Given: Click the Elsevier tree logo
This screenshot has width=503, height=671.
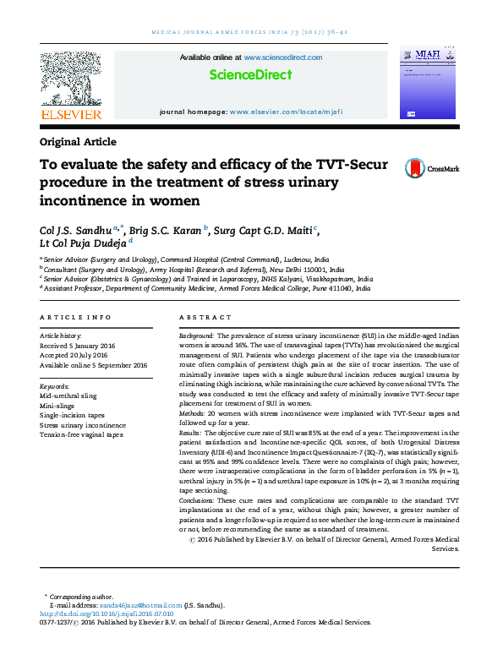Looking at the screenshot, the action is coord(70,79).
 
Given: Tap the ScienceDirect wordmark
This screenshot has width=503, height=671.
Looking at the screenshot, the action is coord(251,75).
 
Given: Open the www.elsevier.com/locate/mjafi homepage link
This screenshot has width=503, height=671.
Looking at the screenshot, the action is coord(286,112).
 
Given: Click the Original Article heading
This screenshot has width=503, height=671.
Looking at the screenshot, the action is coord(78,142).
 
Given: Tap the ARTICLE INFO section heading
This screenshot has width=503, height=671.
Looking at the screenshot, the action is coord(75,317).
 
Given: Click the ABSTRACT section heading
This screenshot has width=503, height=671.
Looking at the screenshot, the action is coord(205,317).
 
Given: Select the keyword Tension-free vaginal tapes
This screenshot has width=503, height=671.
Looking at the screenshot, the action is coord(81,434).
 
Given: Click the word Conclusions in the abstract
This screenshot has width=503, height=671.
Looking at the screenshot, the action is coord(198,501).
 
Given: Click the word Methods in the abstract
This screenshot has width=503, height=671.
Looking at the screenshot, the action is coord(193,413).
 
